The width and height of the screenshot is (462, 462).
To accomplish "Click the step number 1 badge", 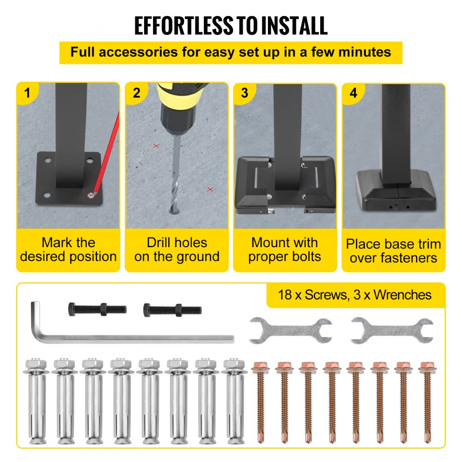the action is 27,93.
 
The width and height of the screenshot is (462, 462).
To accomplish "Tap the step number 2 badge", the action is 136,93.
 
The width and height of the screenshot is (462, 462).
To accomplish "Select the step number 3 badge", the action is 244,93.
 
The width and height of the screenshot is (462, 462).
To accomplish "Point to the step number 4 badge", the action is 353,93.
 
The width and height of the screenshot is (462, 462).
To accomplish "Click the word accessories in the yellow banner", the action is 138,52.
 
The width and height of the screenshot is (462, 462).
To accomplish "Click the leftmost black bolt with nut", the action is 97,310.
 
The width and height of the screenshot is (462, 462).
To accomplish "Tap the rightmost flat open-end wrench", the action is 392,330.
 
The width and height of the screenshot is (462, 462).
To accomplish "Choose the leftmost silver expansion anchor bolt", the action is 36,401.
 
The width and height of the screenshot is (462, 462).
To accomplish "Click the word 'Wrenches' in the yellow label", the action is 402,295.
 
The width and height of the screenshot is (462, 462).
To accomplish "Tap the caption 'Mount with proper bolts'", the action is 284,249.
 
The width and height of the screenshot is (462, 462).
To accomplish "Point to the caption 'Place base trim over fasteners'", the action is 393,251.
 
